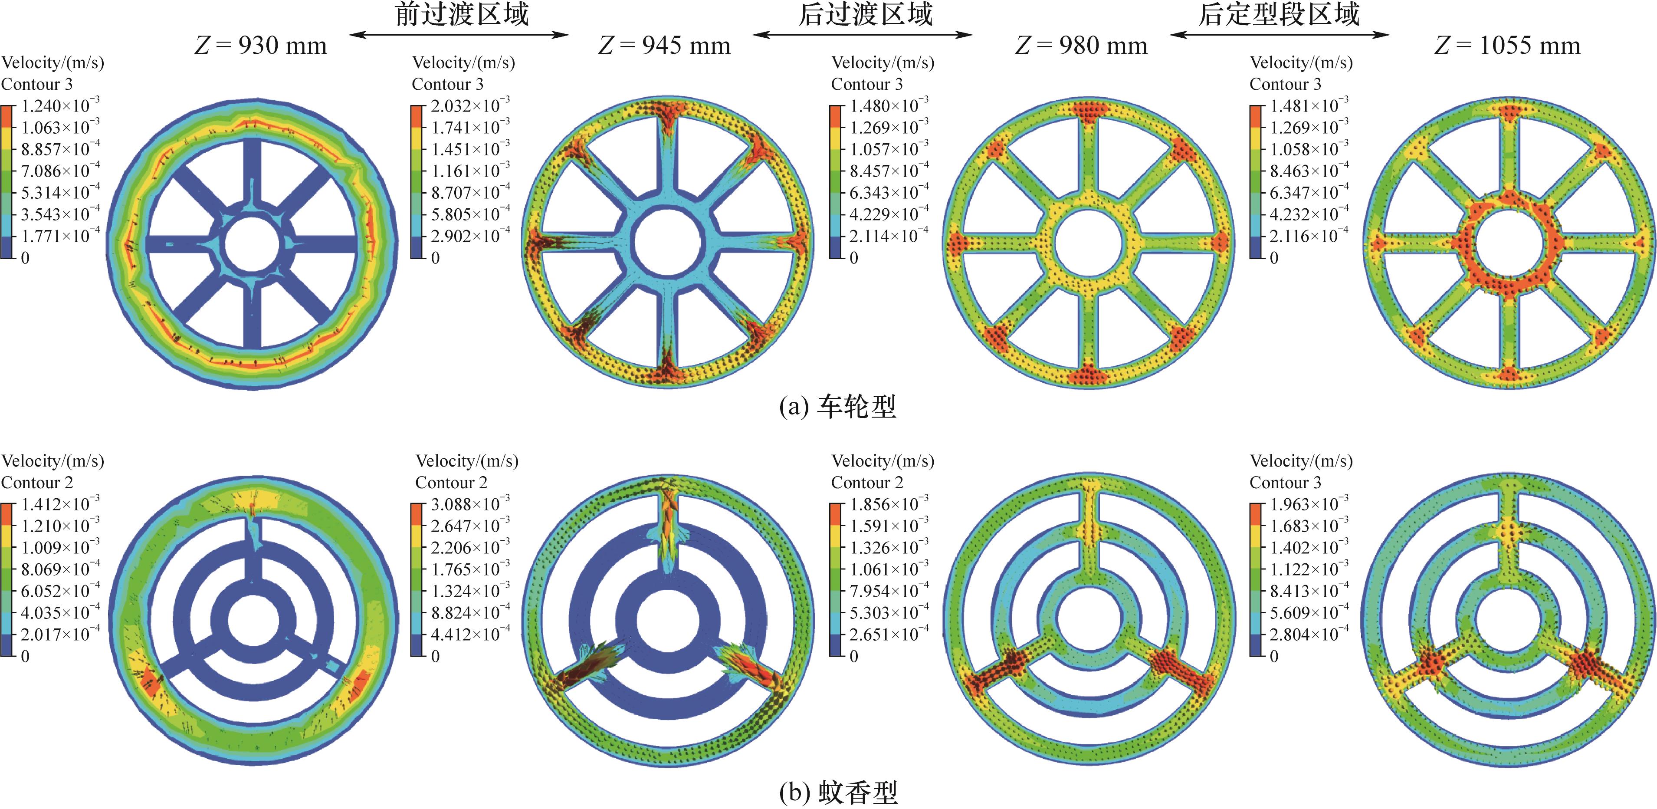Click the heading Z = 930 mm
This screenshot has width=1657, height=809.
pos(260,46)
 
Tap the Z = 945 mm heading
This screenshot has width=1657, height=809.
pos(664,46)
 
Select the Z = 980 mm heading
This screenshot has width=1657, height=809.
pos(1081,46)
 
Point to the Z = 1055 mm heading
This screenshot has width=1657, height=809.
pos(1507,46)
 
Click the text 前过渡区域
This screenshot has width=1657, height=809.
pos(462,14)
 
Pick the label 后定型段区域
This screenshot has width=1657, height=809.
pos(1279,14)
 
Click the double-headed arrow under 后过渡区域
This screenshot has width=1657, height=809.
pos(863,35)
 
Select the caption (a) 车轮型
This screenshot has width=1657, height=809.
pos(837,407)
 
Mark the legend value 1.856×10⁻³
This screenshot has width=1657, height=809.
pos(889,503)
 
